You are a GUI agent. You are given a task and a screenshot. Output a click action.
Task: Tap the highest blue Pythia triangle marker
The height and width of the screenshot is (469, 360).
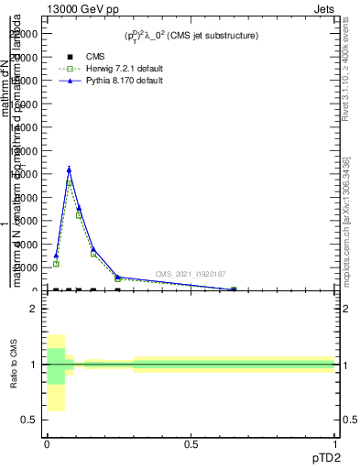pyautogui.click(x=69, y=169)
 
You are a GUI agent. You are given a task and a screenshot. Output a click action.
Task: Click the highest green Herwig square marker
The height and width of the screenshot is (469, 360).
pyautogui.click(x=69, y=184)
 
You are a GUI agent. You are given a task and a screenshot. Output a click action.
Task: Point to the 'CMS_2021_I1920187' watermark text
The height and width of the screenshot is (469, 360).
pyautogui.click(x=191, y=274)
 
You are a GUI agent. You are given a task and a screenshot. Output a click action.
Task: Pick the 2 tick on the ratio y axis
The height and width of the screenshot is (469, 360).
pyautogui.click(x=33, y=309)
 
